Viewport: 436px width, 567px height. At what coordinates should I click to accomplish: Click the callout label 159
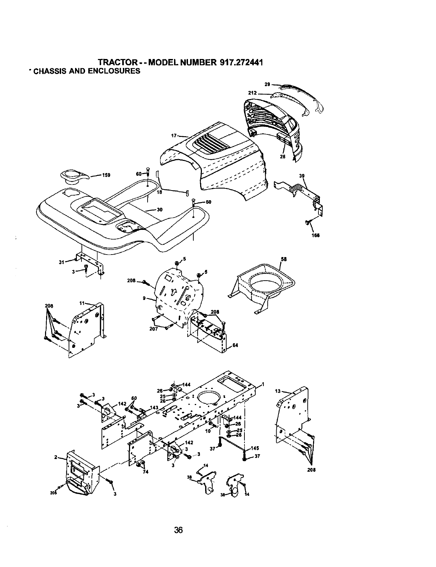pyautogui.click(x=106, y=175)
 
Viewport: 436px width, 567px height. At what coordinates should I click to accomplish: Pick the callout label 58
pyautogui.click(x=284, y=260)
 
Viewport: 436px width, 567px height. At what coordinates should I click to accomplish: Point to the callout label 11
pyautogui.click(x=82, y=303)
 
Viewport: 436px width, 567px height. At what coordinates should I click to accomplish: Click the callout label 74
pyautogui.click(x=145, y=471)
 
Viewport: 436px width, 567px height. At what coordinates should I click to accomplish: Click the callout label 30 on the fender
pyautogui.click(x=159, y=210)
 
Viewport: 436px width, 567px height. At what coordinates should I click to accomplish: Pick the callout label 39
pyautogui.click(x=302, y=176)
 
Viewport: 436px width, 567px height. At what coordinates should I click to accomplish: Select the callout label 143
pyautogui.click(x=154, y=407)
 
